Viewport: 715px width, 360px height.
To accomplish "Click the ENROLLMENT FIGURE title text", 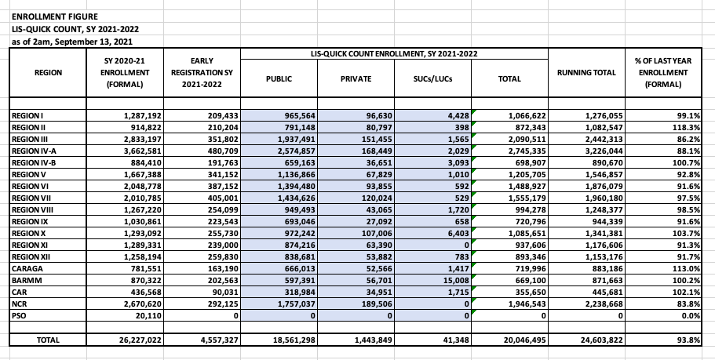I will pyautogui.click(x=44, y=16).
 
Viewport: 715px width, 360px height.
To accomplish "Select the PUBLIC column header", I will pyautogui.click(x=279, y=79).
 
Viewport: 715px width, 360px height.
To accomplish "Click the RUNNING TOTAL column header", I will pyautogui.click(x=586, y=73).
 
